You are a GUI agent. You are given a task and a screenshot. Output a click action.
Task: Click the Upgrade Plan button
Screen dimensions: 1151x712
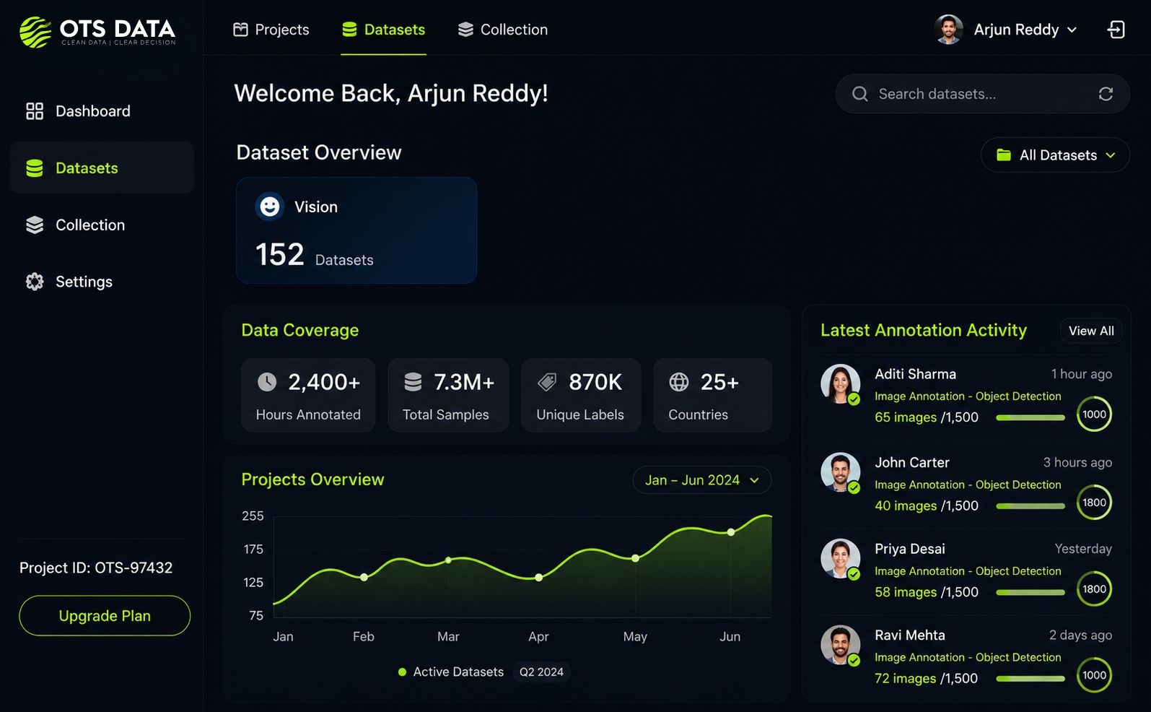105,615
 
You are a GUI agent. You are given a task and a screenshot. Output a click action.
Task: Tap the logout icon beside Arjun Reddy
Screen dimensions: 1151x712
1116,30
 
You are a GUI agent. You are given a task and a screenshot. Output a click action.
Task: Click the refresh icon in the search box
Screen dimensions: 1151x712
1106,94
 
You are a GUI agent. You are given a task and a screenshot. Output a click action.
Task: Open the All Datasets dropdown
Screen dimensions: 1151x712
1056,155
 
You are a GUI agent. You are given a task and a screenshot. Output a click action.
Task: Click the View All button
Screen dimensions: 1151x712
1091,331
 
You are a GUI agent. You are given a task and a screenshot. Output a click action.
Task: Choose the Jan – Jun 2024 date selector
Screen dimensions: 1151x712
702,479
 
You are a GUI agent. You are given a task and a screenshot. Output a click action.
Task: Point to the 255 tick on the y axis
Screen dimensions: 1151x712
253,516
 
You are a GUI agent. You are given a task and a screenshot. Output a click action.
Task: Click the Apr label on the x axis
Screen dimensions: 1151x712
538,636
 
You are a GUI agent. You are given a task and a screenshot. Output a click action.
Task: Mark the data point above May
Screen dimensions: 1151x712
636,557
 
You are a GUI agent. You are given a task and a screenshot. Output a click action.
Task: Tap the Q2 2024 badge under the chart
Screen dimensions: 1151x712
542,672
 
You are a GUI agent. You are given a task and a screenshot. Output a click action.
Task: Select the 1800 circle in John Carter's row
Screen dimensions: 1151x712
1095,503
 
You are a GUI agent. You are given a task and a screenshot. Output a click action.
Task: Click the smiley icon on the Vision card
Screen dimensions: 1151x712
270,207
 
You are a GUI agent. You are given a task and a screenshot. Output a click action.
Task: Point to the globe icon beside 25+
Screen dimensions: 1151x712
679,382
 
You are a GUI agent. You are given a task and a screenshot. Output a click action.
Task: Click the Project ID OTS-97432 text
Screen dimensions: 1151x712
96,568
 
